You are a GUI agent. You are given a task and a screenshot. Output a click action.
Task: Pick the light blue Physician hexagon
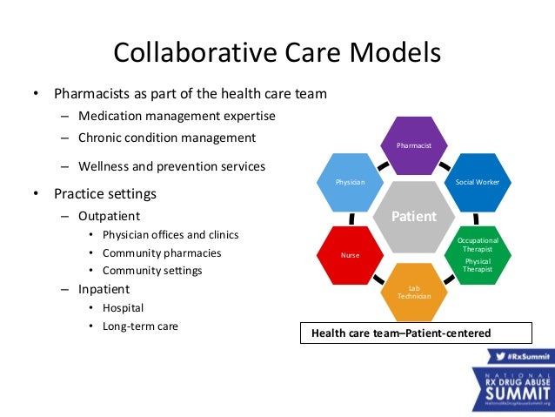pyautogui.click(x=351, y=183)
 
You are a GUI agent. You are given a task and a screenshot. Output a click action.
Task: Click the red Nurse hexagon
pyautogui.click(x=351, y=255)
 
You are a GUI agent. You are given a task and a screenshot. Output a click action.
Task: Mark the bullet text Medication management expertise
pyautogui.click(x=177, y=116)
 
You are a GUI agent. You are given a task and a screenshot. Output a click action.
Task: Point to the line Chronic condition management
pyautogui.click(x=167, y=138)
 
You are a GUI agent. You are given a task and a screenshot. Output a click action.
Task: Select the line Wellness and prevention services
pyautogui.click(x=172, y=165)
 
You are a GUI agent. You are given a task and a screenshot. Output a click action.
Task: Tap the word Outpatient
pyautogui.click(x=110, y=215)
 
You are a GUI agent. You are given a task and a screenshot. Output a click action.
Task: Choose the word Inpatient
pyautogui.click(x=104, y=289)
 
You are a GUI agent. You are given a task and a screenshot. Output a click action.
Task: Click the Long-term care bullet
pyautogui.click(x=141, y=327)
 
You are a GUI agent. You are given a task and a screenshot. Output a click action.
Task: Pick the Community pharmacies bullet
pyautogui.click(x=162, y=253)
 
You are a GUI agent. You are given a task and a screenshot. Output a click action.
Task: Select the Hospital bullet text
pyautogui.click(x=124, y=307)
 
